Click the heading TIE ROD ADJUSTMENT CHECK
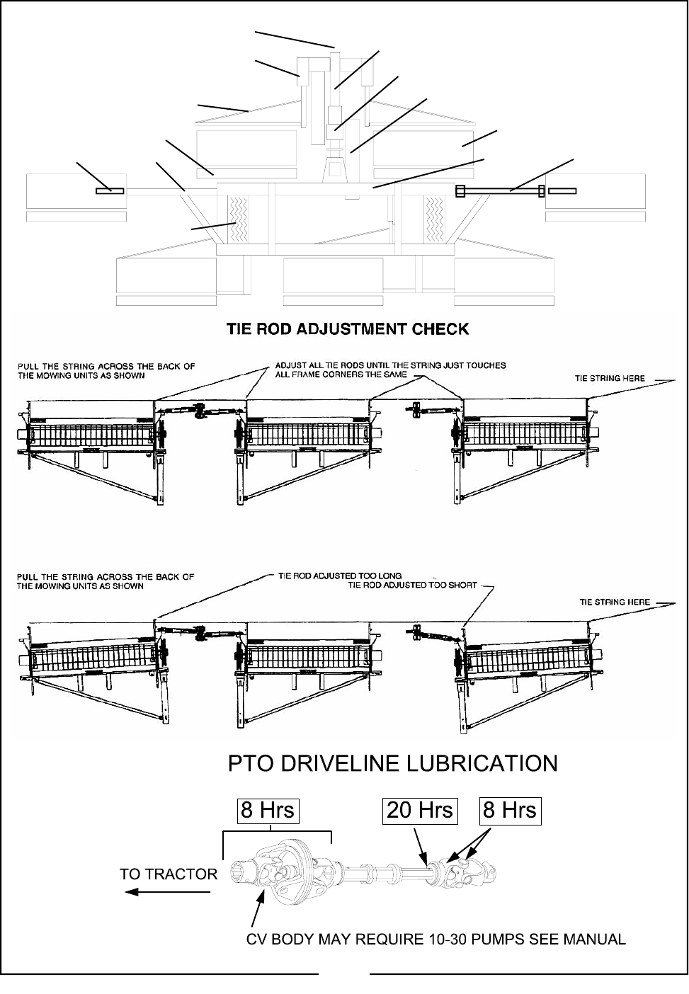point(347,329)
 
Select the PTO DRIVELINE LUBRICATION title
point(392,763)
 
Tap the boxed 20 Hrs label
point(420,810)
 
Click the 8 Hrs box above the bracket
point(268,810)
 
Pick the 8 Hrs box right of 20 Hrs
point(510,810)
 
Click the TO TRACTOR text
point(169,874)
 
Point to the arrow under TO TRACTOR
point(168,892)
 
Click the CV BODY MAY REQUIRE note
point(435,939)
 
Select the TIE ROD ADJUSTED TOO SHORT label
point(413,585)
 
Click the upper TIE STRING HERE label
point(609,378)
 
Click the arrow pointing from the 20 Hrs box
point(421,847)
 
